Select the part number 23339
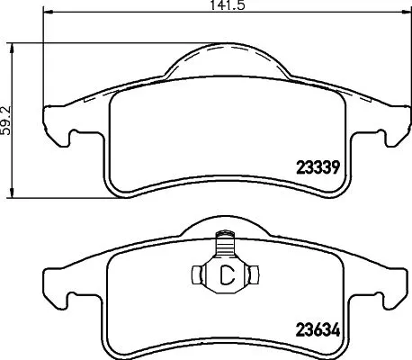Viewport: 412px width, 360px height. (317, 166)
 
